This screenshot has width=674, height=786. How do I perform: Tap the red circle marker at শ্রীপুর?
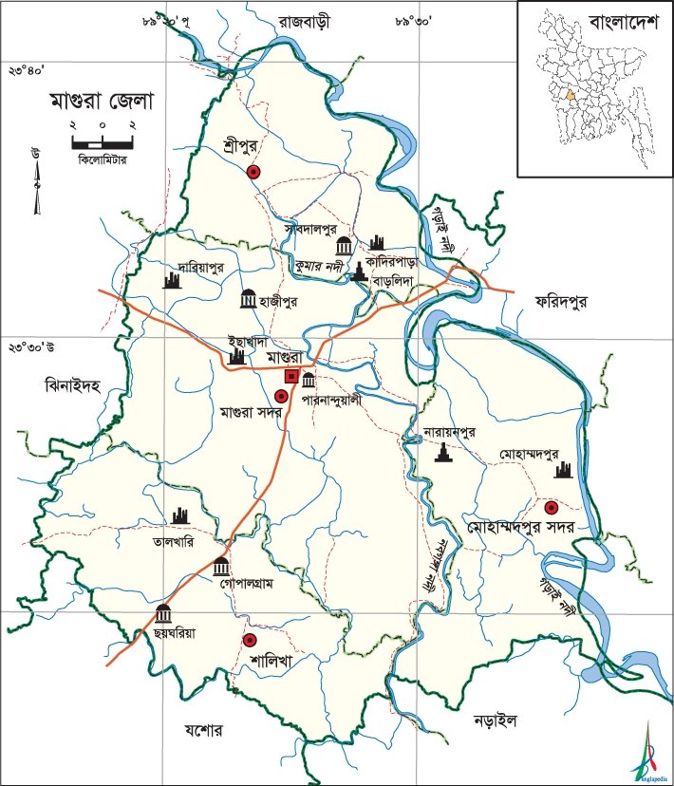(x=253, y=172)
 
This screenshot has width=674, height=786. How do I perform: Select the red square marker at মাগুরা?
(x=293, y=377)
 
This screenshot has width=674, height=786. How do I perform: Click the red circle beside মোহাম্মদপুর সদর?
(x=551, y=504)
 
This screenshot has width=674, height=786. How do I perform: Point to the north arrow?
(x=37, y=180)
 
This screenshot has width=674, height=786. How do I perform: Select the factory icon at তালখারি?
(x=181, y=517)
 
